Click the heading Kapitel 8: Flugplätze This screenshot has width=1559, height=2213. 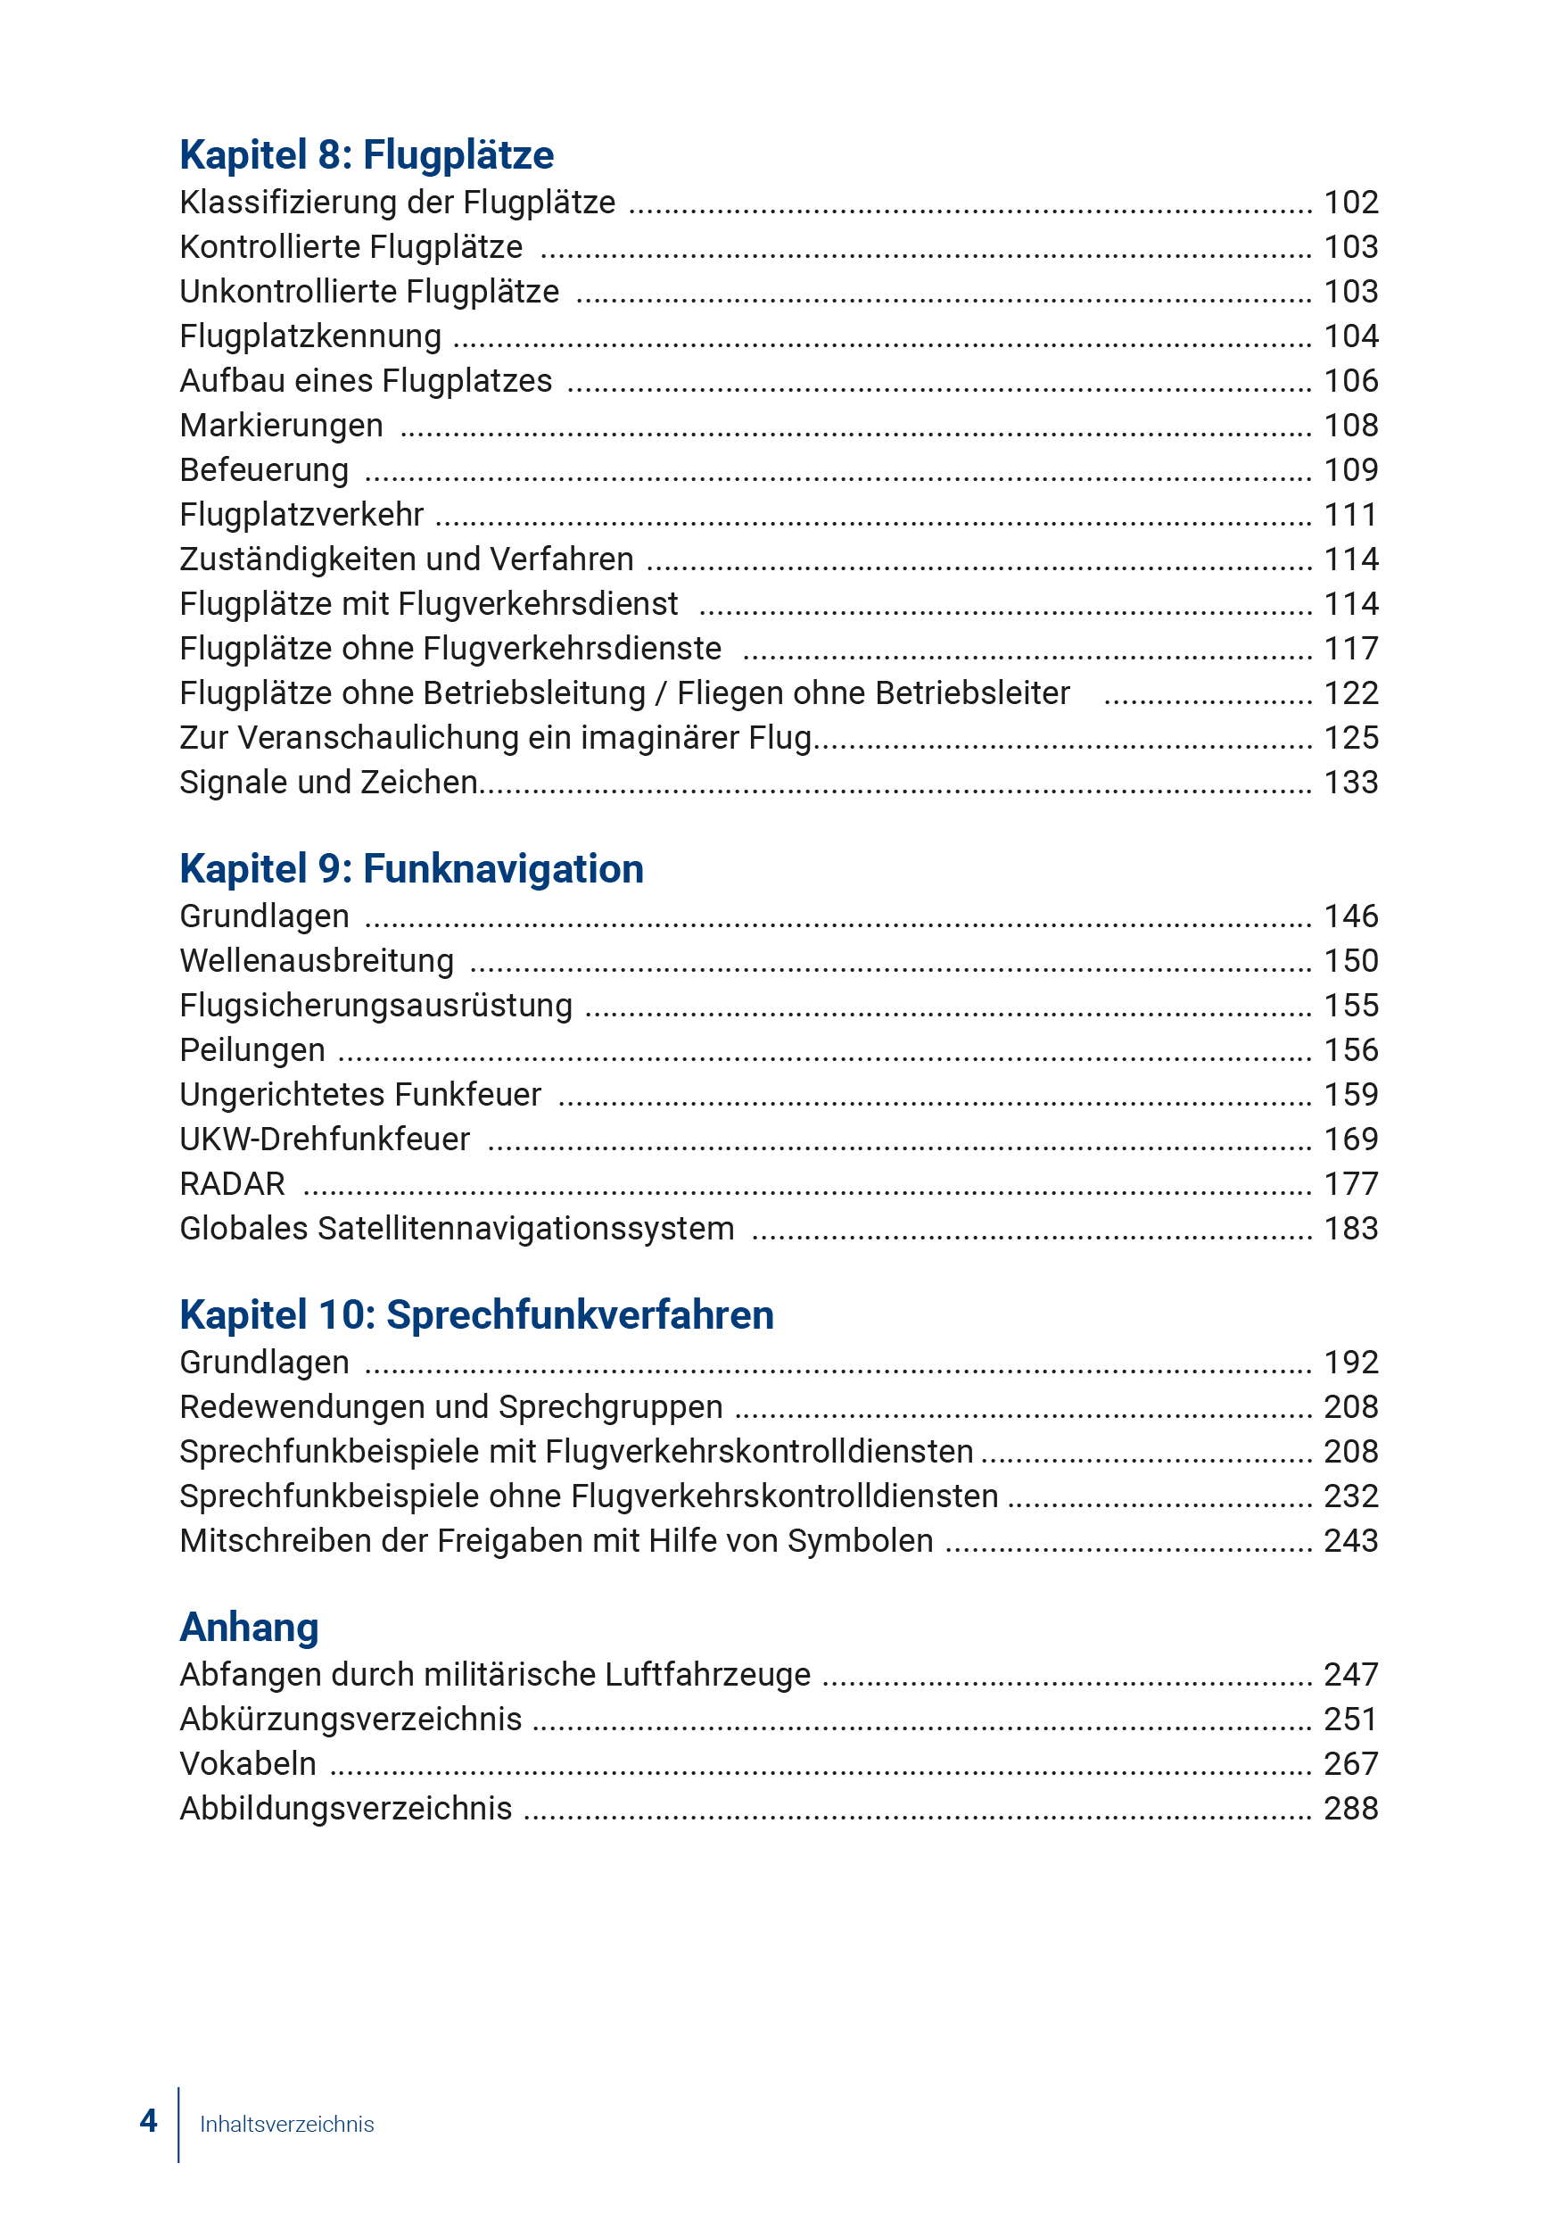367,155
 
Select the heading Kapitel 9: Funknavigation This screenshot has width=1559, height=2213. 411,868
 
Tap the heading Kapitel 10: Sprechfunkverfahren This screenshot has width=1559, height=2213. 476,1314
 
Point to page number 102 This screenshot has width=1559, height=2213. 1350,203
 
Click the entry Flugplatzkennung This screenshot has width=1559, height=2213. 310,336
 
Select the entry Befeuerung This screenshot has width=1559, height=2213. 264,470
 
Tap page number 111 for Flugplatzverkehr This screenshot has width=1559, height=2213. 1350,515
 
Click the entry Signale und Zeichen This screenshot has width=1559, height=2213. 328,783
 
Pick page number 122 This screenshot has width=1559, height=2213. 1350,693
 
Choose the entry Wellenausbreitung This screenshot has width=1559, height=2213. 316,961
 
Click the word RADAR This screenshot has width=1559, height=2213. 232,1183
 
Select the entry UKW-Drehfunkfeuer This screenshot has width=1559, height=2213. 325,1140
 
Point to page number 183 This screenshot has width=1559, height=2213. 1350,1229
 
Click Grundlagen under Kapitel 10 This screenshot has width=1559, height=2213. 264,1363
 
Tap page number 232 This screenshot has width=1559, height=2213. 1350,1496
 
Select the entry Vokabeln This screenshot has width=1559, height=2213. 248,1764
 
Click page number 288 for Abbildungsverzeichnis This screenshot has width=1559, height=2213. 1350,1808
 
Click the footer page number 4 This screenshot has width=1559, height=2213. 148,2120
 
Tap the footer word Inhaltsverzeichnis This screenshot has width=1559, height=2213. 286,2124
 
